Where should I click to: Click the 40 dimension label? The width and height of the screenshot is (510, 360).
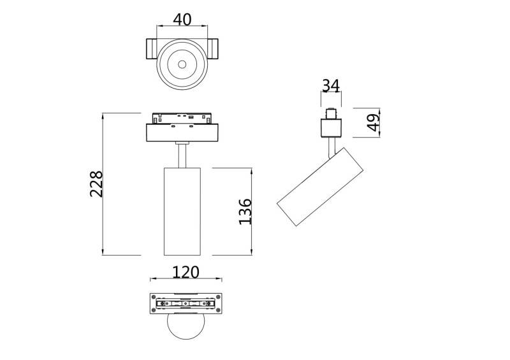pyautogui.click(x=182, y=19)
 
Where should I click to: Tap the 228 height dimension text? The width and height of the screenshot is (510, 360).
pyautogui.click(x=96, y=184)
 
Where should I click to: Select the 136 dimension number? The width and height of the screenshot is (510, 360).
pyautogui.click(x=245, y=212)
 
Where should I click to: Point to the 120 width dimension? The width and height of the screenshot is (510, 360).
pyautogui.click(x=186, y=272)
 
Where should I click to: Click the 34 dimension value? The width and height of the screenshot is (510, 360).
pyautogui.click(x=330, y=85)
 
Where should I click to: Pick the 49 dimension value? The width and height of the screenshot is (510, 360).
pyautogui.click(x=374, y=122)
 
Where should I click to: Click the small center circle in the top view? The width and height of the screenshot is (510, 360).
pyautogui.click(x=182, y=64)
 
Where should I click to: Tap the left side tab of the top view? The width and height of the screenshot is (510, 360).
pyautogui.click(x=152, y=48)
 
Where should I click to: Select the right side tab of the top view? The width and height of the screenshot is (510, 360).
pyautogui.click(x=213, y=48)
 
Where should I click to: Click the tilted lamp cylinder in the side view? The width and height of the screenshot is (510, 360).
pyautogui.click(x=320, y=187)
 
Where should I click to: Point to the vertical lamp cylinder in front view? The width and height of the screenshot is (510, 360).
pyautogui.click(x=183, y=211)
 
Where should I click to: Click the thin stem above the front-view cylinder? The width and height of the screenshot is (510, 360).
pyautogui.click(x=183, y=155)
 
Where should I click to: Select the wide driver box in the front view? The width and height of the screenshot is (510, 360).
pyautogui.click(x=183, y=133)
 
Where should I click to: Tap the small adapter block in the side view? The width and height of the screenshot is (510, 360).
pyautogui.click(x=331, y=127)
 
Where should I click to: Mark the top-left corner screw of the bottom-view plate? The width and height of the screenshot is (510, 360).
pyautogui.click(x=153, y=296)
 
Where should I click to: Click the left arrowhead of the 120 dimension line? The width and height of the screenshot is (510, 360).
pyautogui.click(x=152, y=279)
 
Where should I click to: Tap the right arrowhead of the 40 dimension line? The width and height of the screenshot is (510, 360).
pyautogui.click(x=207, y=27)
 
